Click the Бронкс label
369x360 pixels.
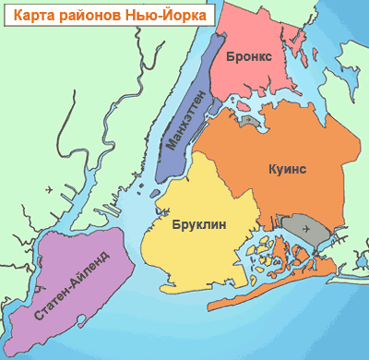247,56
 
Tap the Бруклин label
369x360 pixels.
199,223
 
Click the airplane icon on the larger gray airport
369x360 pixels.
316,234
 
